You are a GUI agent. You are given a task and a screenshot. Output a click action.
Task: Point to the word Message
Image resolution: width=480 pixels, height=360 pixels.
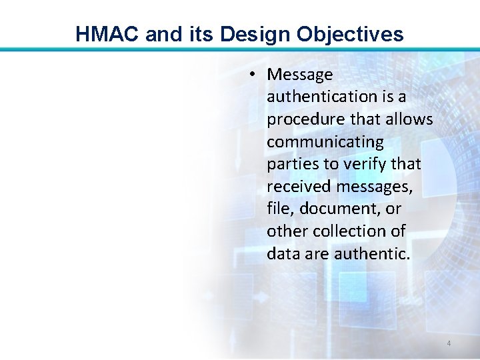coord(299,74)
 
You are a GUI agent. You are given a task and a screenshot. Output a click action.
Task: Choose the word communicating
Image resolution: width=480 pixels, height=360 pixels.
coord(325,142)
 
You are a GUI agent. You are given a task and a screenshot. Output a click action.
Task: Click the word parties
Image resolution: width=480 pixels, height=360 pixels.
coord(290,164)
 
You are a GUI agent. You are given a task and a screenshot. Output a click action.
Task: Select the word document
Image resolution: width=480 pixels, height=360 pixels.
coord(333,209)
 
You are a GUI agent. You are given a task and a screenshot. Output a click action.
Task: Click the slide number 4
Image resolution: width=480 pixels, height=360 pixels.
coord(449,343)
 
